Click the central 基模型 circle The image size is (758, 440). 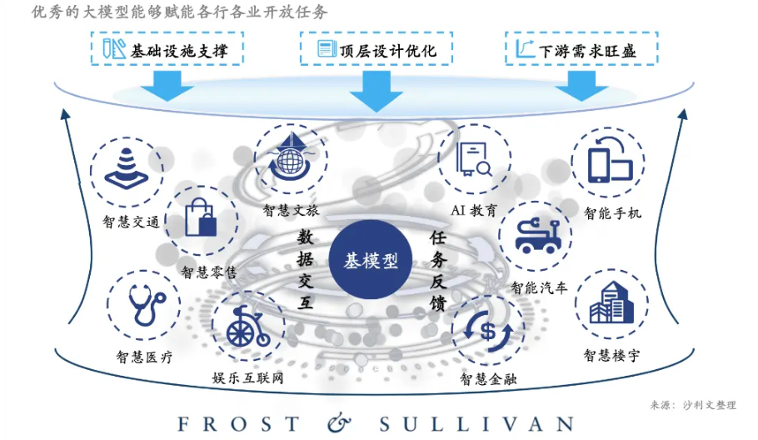pyautogui.click(x=372, y=260)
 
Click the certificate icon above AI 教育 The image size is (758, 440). pyautogui.click(x=473, y=159)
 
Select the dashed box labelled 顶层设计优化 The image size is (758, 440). pyautogui.click(x=377, y=49)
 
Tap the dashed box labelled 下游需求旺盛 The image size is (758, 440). pyautogui.click(x=580, y=49)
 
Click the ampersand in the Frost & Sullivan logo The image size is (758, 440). pyautogui.click(x=340, y=422)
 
